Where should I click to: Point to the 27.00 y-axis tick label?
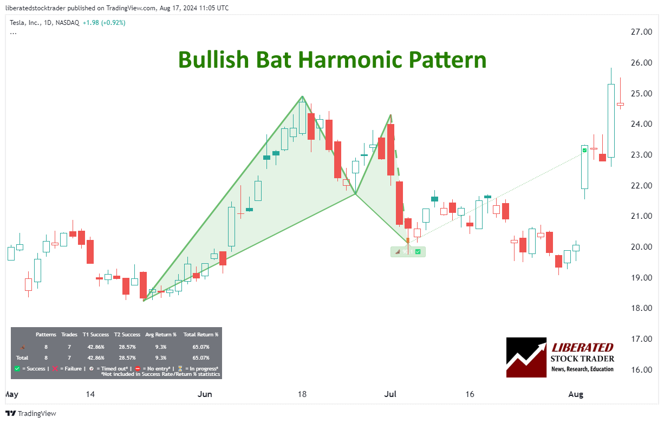(x=641, y=32)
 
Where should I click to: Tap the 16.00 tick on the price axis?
(x=641, y=369)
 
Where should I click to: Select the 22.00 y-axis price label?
(x=641, y=185)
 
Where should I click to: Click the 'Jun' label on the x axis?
(x=205, y=394)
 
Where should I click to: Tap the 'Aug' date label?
(x=576, y=394)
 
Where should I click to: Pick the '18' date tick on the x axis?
(x=302, y=394)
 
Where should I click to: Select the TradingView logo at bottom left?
(x=32, y=413)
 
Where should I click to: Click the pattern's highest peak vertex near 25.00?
(x=302, y=96)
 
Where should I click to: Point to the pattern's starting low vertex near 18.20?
(x=144, y=301)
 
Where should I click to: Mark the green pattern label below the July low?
(x=408, y=251)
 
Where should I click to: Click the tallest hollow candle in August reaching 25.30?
(x=611, y=120)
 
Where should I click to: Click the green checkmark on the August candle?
(x=584, y=149)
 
